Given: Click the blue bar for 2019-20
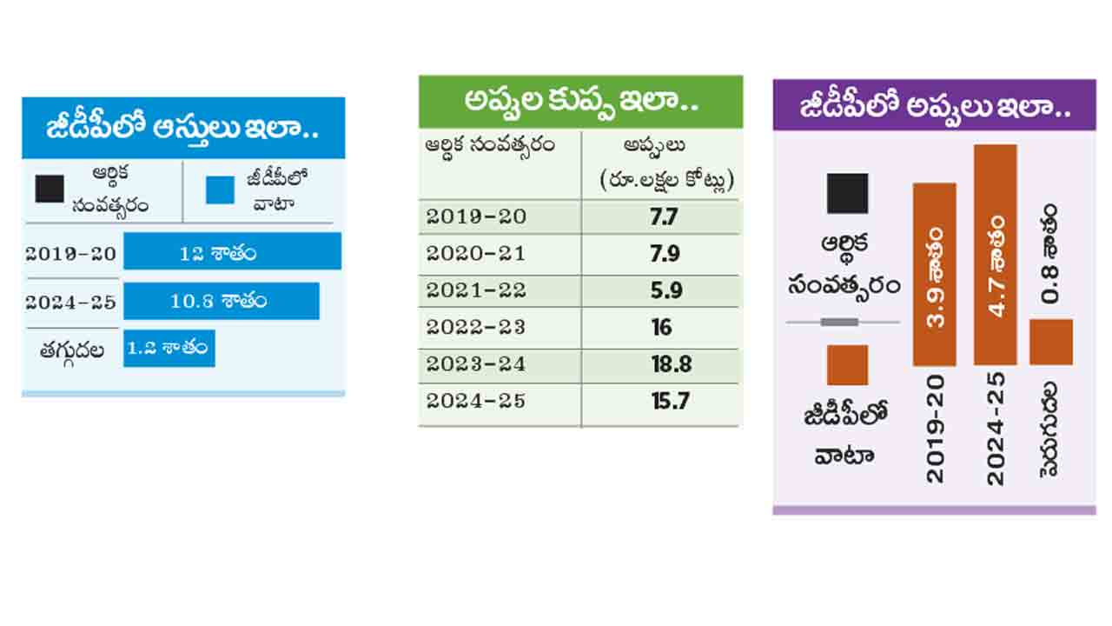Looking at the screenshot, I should pyautogui.click(x=232, y=251).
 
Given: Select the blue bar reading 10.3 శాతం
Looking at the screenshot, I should pyautogui.click(x=221, y=301).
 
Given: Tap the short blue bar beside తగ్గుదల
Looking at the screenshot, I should pyautogui.click(x=169, y=348).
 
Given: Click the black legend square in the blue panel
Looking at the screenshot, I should pyautogui.click(x=50, y=189).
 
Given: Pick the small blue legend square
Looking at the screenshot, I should pyautogui.click(x=220, y=190).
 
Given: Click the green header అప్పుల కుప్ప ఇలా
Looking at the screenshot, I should pyautogui.click(x=580, y=103).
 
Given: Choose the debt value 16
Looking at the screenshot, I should pyautogui.click(x=662, y=328).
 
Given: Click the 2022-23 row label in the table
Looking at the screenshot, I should pyautogui.click(x=476, y=328).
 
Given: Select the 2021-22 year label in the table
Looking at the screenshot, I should pyautogui.click(x=476, y=291).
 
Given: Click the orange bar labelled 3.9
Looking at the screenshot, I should pyautogui.click(x=934, y=274).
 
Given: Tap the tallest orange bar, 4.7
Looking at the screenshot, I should pyautogui.click(x=996, y=254).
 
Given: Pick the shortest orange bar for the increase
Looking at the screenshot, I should pyautogui.click(x=1051, y=342).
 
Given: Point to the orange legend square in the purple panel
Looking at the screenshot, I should pyautogui.click(x=847, y=364).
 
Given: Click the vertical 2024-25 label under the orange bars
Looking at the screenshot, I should pyautogui.click(x=996, y=428).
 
